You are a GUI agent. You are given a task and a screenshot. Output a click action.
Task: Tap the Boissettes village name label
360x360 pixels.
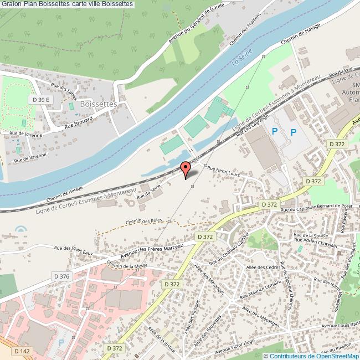point(97,104)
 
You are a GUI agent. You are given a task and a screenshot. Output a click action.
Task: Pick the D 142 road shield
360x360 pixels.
point(22,351)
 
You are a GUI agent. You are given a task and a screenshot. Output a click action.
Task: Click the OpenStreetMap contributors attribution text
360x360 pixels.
point(311,356)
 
